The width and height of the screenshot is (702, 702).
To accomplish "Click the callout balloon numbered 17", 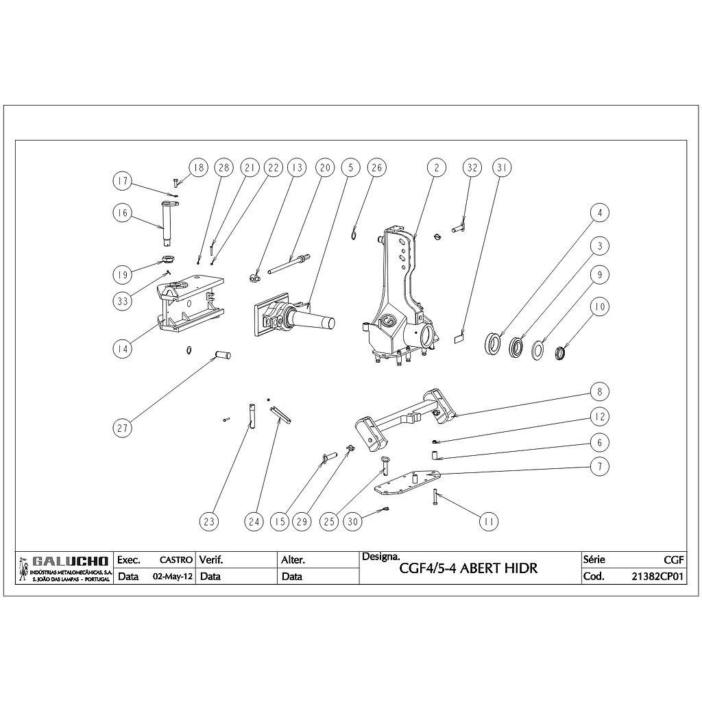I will (x=123, y=182).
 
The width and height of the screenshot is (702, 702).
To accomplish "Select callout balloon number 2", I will (x=436, y=168).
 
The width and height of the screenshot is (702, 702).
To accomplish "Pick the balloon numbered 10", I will (x=599, y=306).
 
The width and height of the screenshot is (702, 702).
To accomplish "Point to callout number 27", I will (x=123, y=428).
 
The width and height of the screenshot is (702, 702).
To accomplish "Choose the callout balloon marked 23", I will (x=209, y=522).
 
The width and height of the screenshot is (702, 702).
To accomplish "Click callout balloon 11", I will (x=488, y=522).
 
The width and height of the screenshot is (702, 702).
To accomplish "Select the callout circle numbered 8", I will (x=599, y=392).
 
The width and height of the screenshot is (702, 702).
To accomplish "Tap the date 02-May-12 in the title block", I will (x=171, y=577).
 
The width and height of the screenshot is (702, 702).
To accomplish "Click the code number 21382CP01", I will (x=657, y=577).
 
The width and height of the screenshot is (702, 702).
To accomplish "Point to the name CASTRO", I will (x=175, y=560).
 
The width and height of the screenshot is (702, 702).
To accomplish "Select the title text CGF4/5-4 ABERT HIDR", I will (x=468, y=568).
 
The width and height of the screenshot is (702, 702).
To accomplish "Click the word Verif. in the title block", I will (x=211, y=560).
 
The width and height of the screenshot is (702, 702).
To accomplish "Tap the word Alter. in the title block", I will (x=293, y=560).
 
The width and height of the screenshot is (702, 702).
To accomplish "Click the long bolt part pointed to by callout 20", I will (x=288, y=264).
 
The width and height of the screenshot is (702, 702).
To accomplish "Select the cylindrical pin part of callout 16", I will (x=167, y=222).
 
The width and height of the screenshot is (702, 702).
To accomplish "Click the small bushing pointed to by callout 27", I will (x=223, y=355).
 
